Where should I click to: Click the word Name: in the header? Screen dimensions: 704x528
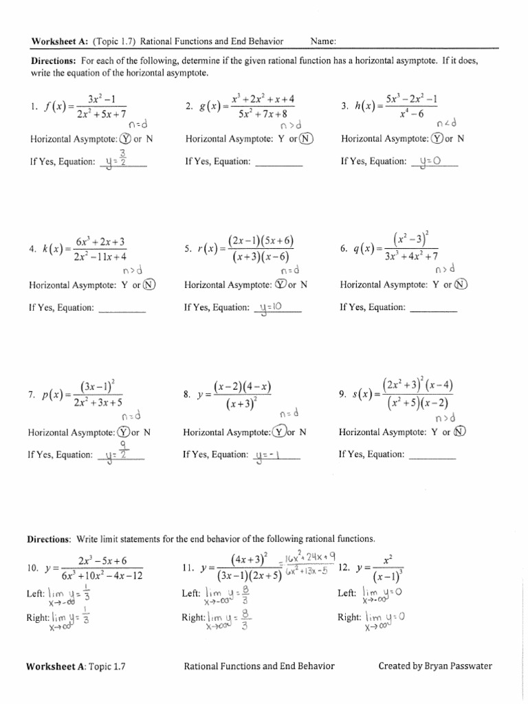(x=323, y=41)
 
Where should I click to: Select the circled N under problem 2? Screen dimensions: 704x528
(x=306, y=139)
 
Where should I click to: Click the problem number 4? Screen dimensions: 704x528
(x=32, y=250)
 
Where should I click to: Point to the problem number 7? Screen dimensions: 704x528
(x=32, y=395)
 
